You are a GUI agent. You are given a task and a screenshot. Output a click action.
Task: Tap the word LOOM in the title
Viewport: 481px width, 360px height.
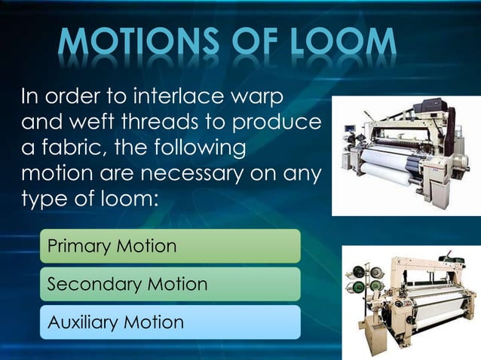tap(340, 42)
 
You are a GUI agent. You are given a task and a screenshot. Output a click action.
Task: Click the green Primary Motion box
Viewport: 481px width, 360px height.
tap(170, 246)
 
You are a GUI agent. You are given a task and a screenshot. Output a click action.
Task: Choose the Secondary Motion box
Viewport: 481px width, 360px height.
tap(170, 284)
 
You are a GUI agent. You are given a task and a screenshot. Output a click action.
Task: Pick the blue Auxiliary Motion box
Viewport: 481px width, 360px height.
tap(170, 322)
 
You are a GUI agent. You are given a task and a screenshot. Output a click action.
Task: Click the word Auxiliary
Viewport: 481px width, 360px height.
tap(83, 323)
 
